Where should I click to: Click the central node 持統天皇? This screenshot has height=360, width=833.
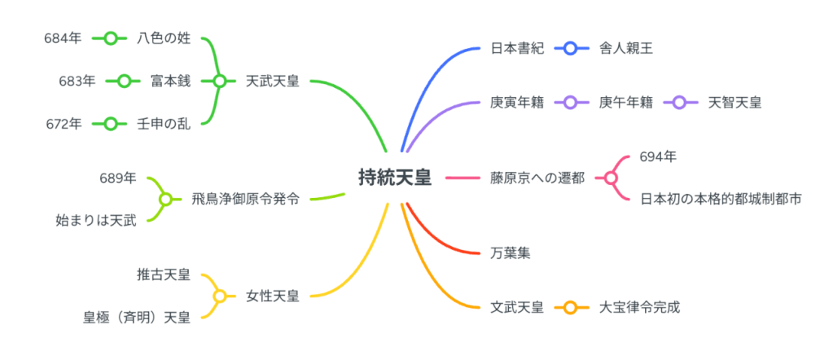(x=395, y=178)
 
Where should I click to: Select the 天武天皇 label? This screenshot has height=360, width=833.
(x=272, y=81)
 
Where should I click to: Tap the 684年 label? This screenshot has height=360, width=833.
(x=63, y=37)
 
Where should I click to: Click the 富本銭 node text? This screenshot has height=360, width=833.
(x=170, y=81)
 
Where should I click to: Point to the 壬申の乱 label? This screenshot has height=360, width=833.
(x=164, y=124)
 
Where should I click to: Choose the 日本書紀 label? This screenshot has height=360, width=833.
(x=516, y=48)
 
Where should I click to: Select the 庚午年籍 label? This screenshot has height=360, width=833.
(x=625, y=103)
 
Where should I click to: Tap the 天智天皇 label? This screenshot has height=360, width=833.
(x=734, y=103)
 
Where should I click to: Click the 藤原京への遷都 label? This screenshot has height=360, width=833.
(x=537, y=178)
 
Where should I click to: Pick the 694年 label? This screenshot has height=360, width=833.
(x=658, y=156)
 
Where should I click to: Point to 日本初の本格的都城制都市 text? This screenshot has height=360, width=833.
(x=721, y=199)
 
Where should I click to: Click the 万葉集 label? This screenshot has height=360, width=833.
(x=511, y=253)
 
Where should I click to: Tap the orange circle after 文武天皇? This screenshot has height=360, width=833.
(x=570, y=307)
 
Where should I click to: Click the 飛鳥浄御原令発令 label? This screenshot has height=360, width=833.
(x=245, y=199)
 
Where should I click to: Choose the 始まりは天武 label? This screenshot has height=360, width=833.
(x=95, y=220)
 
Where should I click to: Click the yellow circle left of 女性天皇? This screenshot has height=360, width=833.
(x=219, y=296)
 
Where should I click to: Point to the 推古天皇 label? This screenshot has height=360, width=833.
(x=164, y=274)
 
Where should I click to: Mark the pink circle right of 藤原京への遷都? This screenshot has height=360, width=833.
(x=610, y=178)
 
